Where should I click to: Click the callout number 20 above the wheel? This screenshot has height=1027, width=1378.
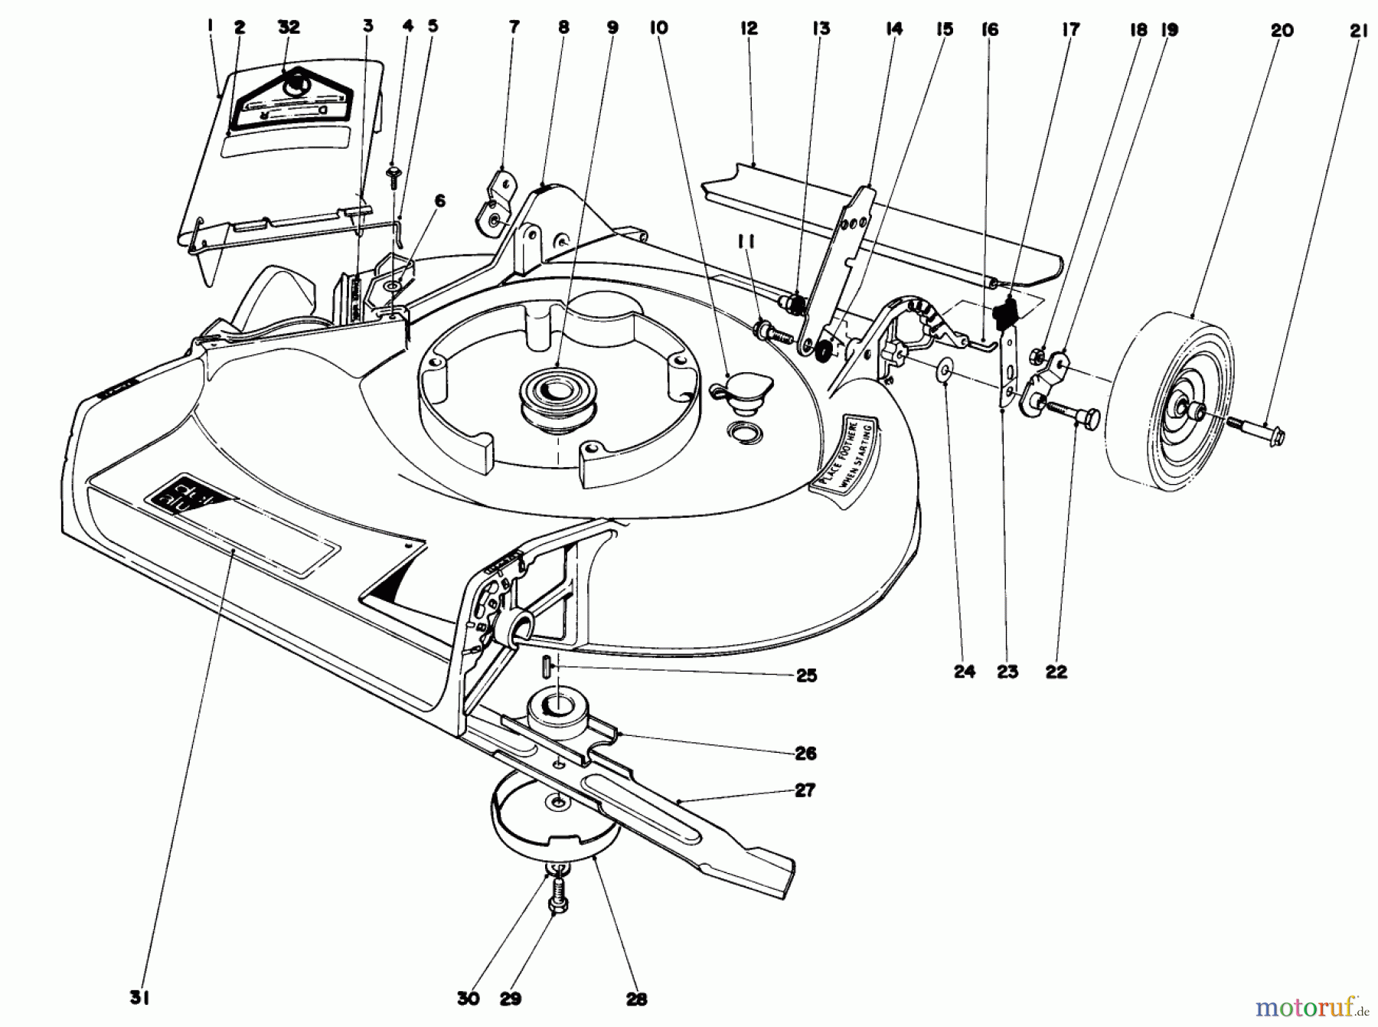[1282, 30]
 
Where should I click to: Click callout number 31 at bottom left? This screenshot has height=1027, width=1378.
[140, 997]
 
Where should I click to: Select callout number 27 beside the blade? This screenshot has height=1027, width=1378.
[805, 790]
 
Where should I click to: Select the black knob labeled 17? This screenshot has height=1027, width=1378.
[1004, 311]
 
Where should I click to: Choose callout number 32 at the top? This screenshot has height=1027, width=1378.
[289, 27]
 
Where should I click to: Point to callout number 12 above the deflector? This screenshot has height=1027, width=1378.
[749, 28]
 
